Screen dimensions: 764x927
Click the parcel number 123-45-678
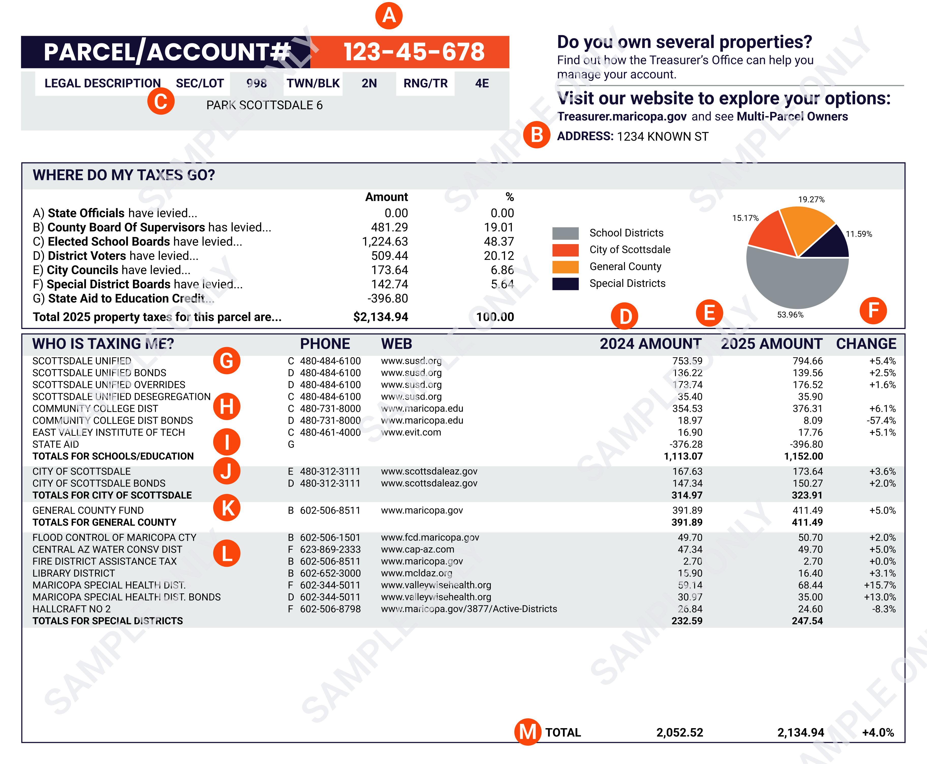click(x=413, y=52)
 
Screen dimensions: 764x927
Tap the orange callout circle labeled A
click(x=389, y=16)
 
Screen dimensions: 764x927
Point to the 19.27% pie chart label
click(x=811, y=199)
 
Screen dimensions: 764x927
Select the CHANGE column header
click(x=866, y=344)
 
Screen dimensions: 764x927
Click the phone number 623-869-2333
click(x=330, y=549)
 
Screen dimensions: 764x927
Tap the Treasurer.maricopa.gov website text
click(x=622, y=117)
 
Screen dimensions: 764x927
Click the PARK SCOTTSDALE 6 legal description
click(x=264, y=105)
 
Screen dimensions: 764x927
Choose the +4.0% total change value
click(x=878, y=732)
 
